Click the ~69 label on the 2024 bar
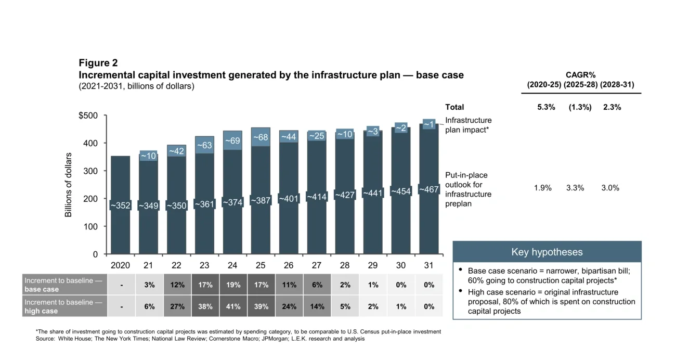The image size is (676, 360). click(x=232, y=140)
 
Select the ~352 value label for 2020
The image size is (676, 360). click(x=120, y=205)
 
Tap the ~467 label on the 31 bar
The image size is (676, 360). click(x=429, y=189)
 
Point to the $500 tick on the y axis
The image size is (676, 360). click(x=88, y=115)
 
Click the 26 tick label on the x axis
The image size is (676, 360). click(x=289, y=265)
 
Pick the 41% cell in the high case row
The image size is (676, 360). click(x=232, y=306)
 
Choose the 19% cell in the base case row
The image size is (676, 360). click(x=232, y=285)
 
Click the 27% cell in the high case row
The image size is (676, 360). click(x=176, y=306)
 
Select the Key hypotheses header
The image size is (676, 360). click(x=547, y=252)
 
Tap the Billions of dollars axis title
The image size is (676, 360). click(x=68, y=185)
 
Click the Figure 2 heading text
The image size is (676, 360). click(x=98, y=63)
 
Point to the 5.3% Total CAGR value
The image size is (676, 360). click(x=546, y=107)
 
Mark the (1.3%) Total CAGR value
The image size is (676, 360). click(x=579, y=107)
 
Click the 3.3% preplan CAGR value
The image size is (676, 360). click(x=575, y=188)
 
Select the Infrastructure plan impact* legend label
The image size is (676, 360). click(x=468, y=125)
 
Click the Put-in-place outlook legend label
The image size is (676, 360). click(x=468, y=189)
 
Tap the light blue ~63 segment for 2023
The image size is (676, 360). click(x=204, y=145)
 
